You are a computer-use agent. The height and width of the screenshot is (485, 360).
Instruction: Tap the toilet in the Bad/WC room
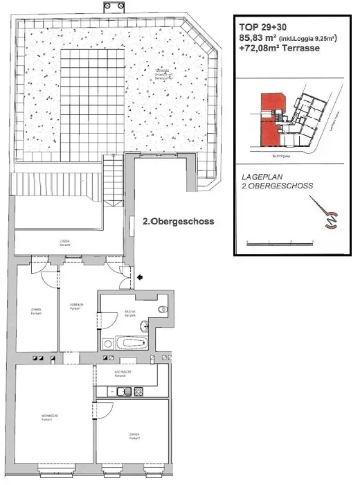161,310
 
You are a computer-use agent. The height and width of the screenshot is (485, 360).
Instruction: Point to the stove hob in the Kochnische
138,391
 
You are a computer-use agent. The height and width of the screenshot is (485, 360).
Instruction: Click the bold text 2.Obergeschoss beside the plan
178,222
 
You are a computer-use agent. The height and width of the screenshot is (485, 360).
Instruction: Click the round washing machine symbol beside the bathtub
107,344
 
